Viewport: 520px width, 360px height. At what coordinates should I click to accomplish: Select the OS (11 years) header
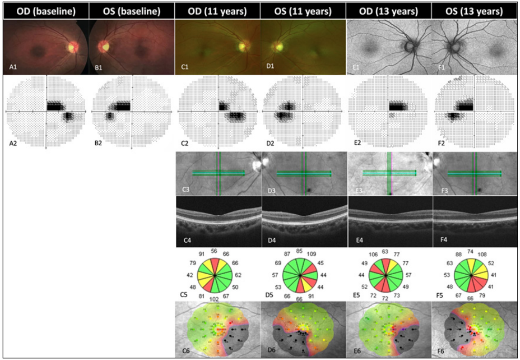(x=303, y=10)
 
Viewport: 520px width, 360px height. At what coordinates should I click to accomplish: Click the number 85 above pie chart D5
(x=299, y=251)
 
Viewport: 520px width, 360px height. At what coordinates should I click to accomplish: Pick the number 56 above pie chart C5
(x=214, y=251)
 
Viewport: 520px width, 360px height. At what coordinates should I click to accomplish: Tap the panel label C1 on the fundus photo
(x=184, y=67)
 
